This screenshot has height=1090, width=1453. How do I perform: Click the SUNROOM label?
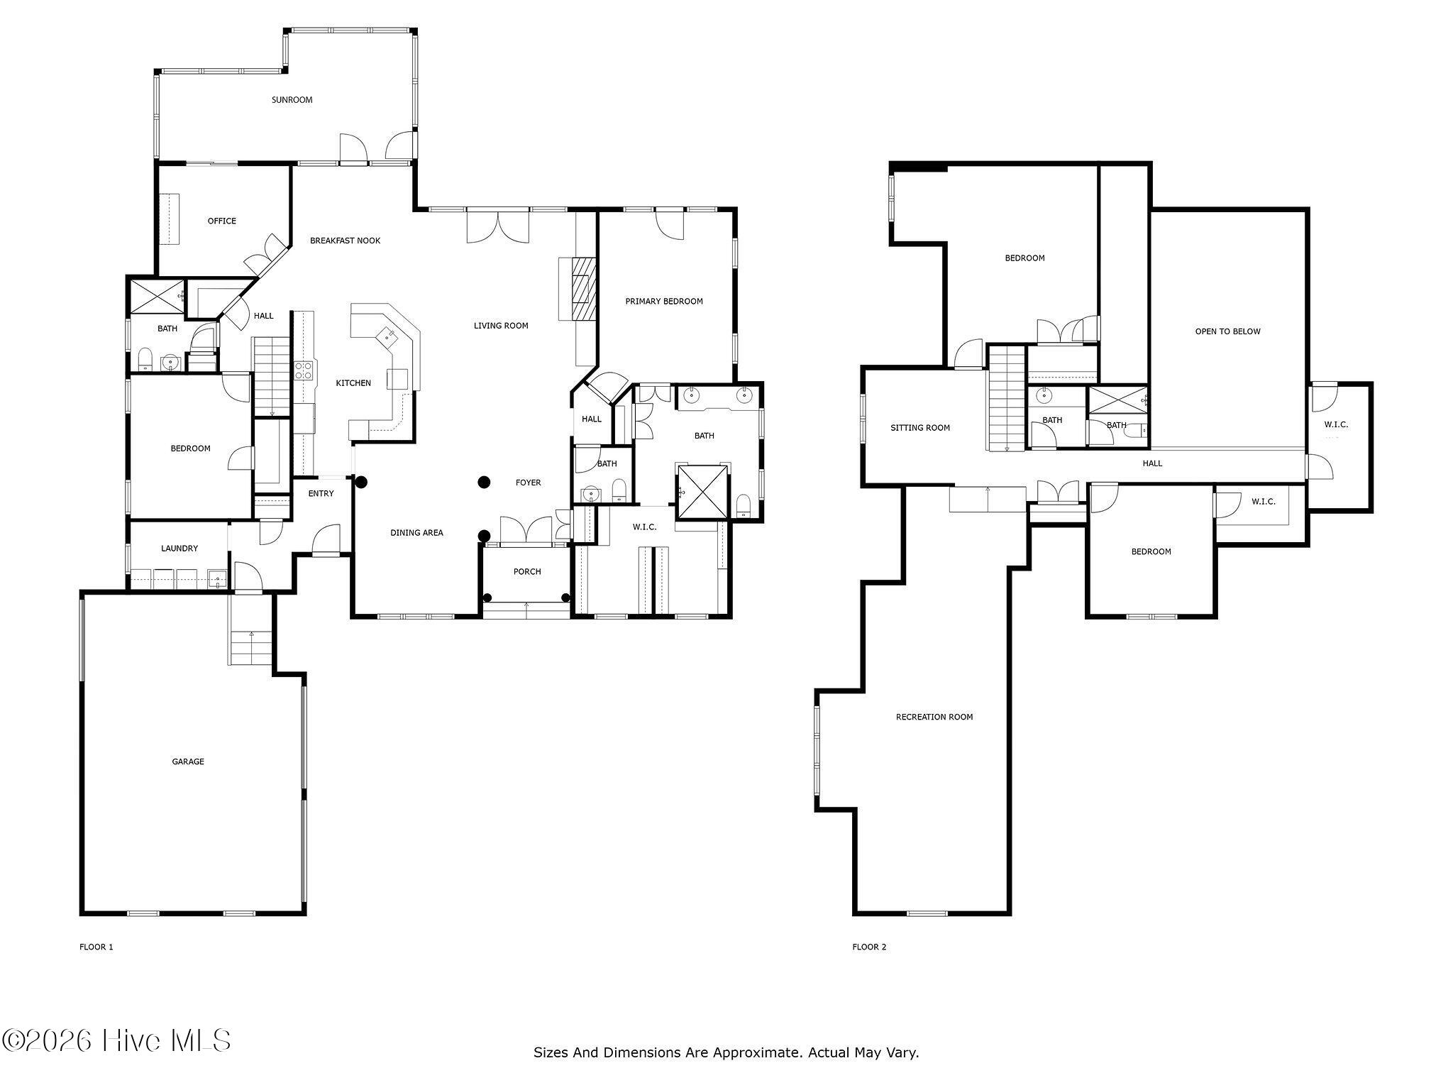292,100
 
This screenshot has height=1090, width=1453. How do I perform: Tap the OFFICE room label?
221,221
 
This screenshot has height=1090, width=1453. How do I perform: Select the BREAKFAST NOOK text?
345,241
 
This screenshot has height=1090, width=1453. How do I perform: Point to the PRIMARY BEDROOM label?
664,301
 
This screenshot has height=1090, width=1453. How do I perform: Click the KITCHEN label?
353,383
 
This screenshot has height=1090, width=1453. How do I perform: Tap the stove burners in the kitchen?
304,370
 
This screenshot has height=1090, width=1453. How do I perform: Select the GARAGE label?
188,761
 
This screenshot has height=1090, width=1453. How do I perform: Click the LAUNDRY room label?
179,549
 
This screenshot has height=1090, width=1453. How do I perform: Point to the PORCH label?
527,571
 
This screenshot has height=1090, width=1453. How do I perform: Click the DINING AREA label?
416,533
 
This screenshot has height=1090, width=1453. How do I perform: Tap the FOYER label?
528,483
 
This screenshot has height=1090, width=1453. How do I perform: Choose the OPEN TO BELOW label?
1228,331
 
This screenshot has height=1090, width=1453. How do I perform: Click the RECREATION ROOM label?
934,717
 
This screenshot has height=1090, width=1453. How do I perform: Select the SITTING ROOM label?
920,428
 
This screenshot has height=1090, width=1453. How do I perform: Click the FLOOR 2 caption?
869,947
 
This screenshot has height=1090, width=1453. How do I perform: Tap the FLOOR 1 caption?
96,947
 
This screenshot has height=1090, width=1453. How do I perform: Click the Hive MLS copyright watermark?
116,1041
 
